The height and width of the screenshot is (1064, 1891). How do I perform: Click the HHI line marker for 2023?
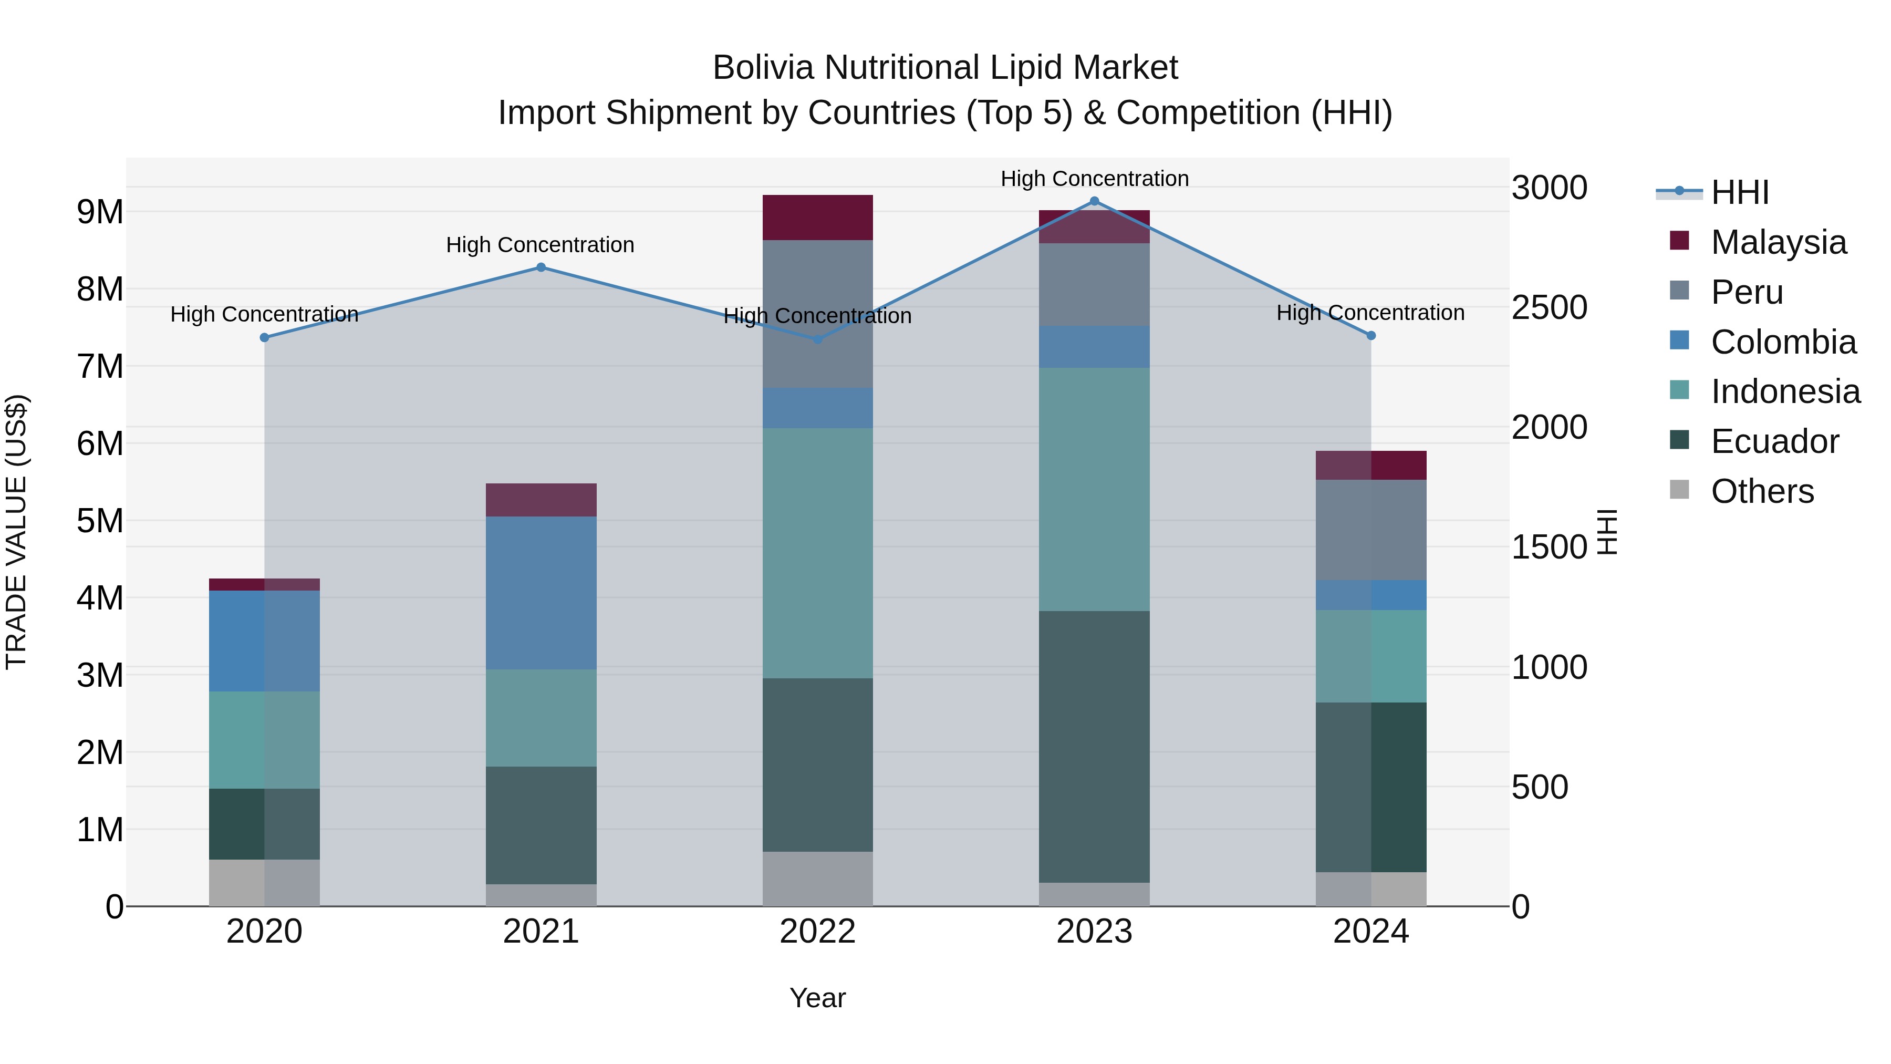(x=1094, y=201)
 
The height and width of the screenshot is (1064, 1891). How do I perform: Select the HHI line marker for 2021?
(x=541, y=267)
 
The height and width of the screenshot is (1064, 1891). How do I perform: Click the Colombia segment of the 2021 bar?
(x=541, y=593)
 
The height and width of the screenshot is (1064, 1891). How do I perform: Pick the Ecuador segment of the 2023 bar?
(x=1094, y=746)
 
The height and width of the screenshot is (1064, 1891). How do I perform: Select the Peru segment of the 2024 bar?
(x=1370, y=530)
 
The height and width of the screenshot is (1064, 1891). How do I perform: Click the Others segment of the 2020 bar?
(x=264, y=883)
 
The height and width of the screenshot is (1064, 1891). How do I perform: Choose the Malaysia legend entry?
(x=1777, y=242)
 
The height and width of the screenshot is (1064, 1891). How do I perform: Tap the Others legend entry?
(x=1761, y=491)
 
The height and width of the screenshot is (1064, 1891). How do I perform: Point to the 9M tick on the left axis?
(x=100, y=212)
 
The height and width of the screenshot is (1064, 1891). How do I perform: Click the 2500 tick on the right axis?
(x=1549, y=308)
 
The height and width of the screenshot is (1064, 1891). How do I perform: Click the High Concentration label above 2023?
(x=1094, y=179)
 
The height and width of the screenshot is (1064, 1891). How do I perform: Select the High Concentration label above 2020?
(x=264, y=314)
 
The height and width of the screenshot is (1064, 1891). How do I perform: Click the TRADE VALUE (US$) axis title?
(x=16, y=532)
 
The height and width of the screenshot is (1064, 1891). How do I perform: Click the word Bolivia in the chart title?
(x=763, y=68)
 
